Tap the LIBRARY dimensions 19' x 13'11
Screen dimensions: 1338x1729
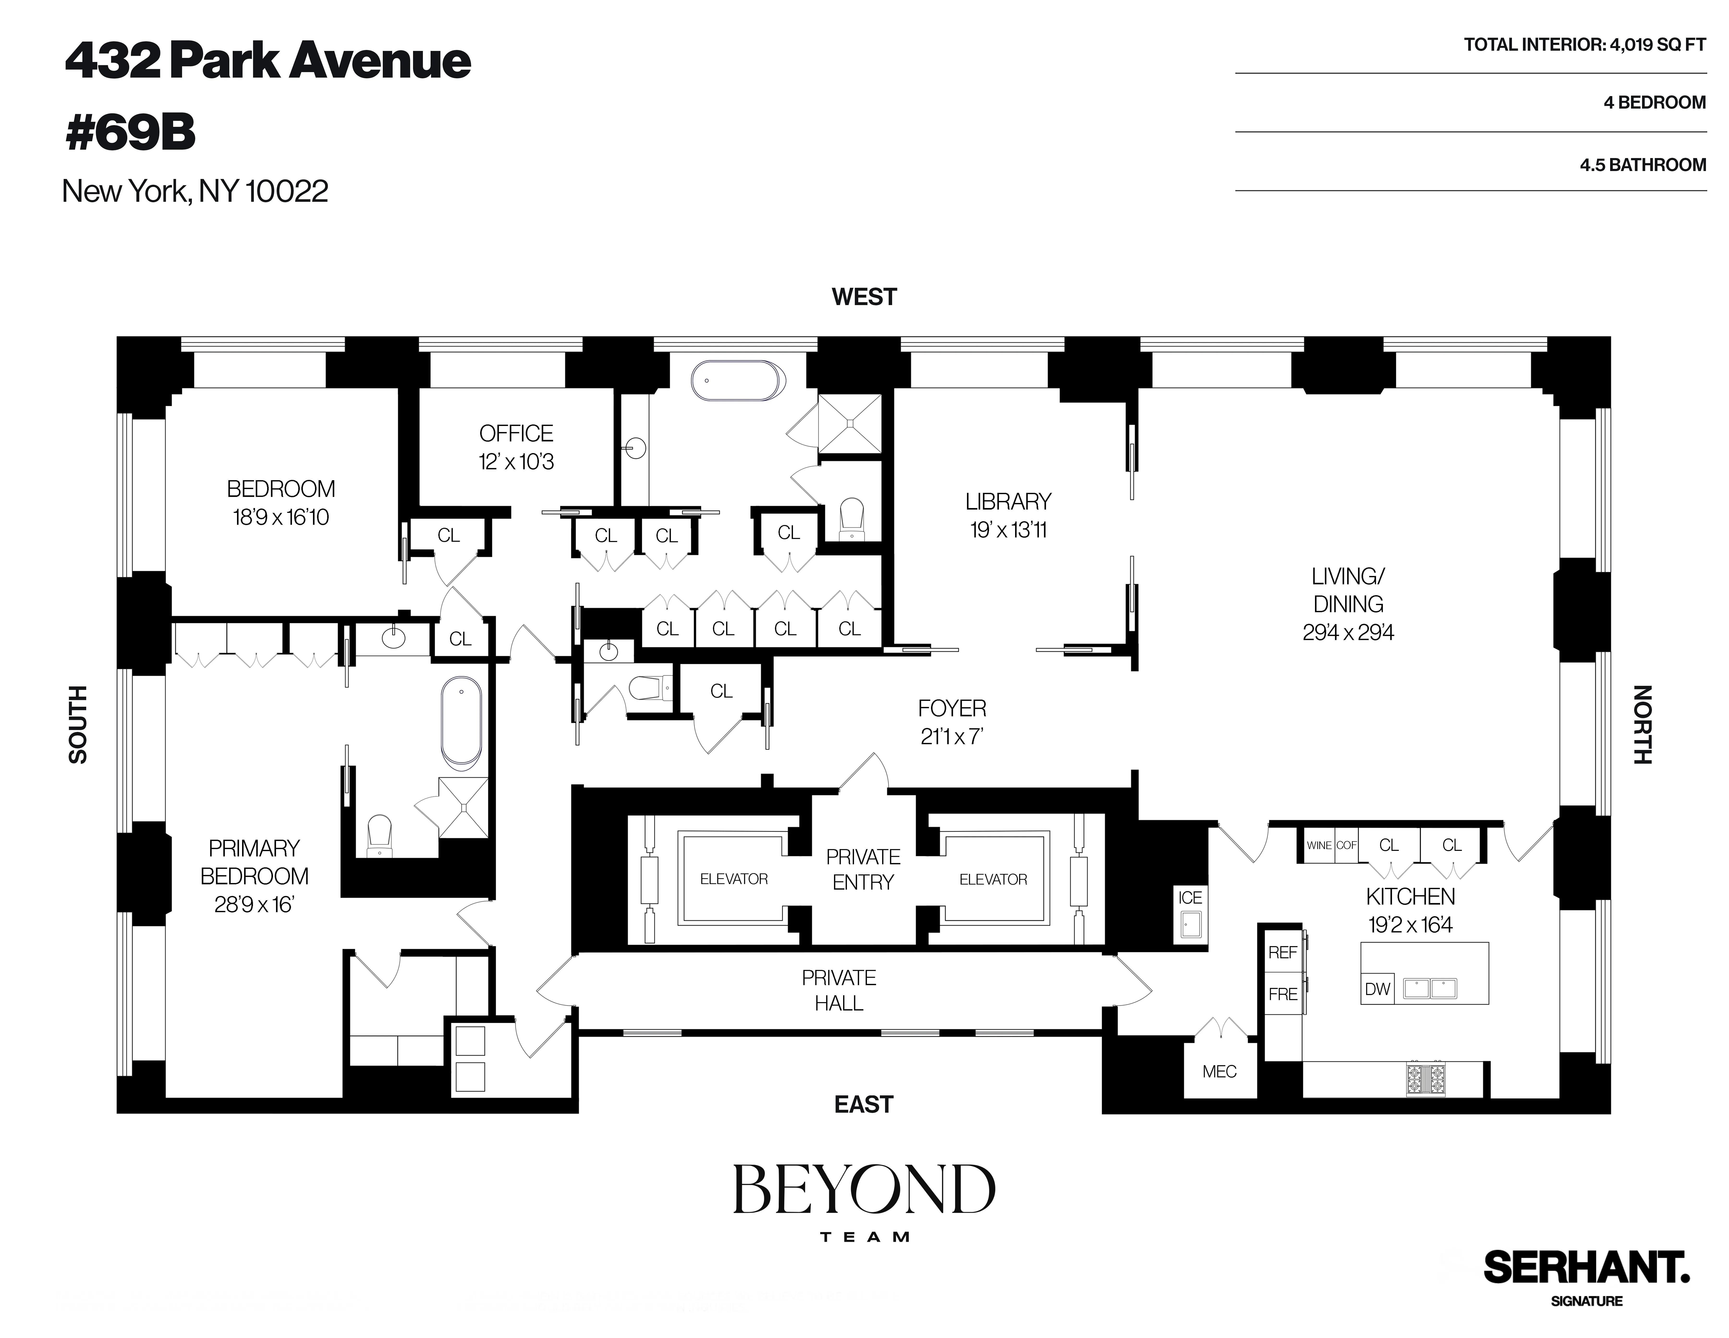pyautogui.click(x=1008, y=530)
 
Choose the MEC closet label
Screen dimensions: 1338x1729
pyautogui.click(x=1219, y=1071)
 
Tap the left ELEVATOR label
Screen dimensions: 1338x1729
pyautogui.click(x=733, y=879)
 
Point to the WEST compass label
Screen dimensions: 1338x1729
pyautogui.click(x=864, y=297)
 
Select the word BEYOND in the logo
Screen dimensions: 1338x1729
pyautogui.click(x=864, y=1189)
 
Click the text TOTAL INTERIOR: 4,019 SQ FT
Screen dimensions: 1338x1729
pyautogui.click(x=1584, y=45)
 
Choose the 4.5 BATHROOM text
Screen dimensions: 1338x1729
pyautogui.click(x=1643, y=165)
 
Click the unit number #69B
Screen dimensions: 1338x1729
pyautogui.click(x=131, y=132)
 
